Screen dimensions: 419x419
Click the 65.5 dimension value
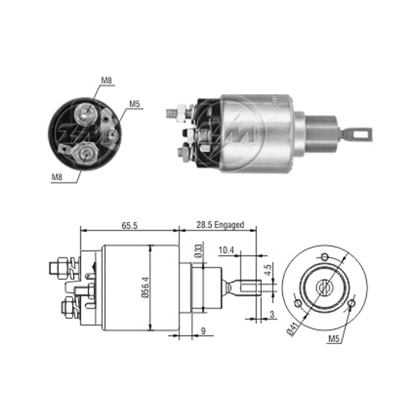[x=129, y=225]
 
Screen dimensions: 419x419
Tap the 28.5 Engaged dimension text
[x=220, y=225]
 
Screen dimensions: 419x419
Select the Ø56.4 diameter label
[x=145, y=287]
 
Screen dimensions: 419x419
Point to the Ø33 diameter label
[x=199, y=251]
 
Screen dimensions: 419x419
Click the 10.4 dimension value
[x=226, y=251]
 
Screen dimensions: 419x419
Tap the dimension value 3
[x=272, y=314]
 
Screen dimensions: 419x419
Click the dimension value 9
[x=203, y=331]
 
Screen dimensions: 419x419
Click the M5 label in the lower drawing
[x=334, y=339]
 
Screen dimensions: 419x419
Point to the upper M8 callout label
[x=106, y=80]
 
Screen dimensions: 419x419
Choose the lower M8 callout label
[x=57, y=177]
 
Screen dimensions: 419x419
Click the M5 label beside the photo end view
[x=134, y=103]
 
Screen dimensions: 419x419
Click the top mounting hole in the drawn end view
[x=325, y=257]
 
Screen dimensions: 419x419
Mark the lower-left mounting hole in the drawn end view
[x=298, y=303]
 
